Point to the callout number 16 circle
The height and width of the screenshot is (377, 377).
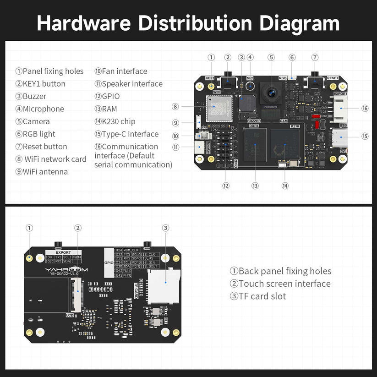coord(365,109)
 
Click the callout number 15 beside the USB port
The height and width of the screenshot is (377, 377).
coord(365,136)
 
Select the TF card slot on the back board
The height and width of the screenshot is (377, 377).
coord(164,285)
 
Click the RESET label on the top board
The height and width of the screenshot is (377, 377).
coord(333,78)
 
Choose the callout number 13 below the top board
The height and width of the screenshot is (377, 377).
coord(255,186)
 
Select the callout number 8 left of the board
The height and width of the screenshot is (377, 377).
coord(175,106)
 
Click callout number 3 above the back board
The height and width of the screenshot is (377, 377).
coord(166,228)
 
